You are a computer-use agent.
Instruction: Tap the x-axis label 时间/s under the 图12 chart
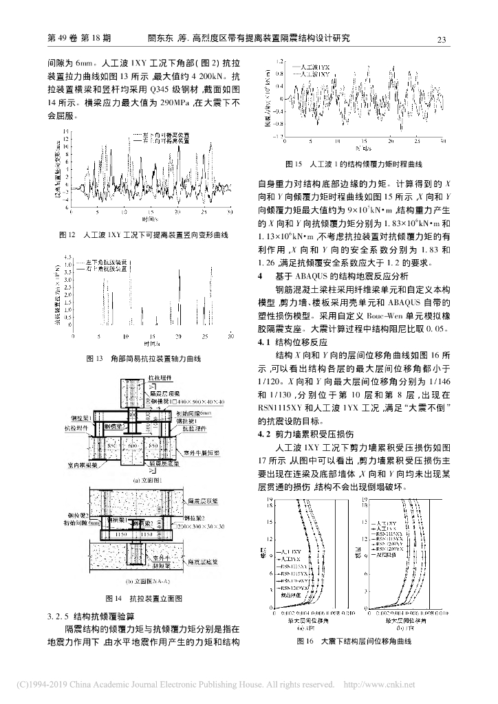coord(145,219)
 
